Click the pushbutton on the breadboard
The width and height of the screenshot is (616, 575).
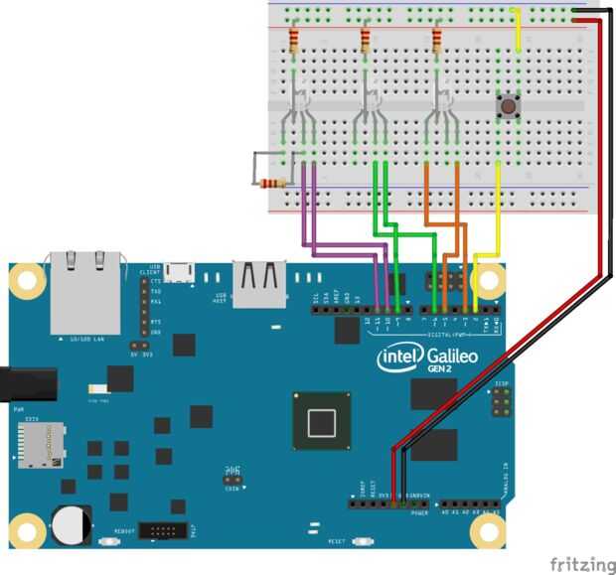(509, 104)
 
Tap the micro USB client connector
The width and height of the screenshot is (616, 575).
(180, 269)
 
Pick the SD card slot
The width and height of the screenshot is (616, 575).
(38, 444)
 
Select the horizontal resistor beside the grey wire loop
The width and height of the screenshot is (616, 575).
(274, 183)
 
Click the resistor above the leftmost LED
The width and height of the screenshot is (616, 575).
(293, 41)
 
